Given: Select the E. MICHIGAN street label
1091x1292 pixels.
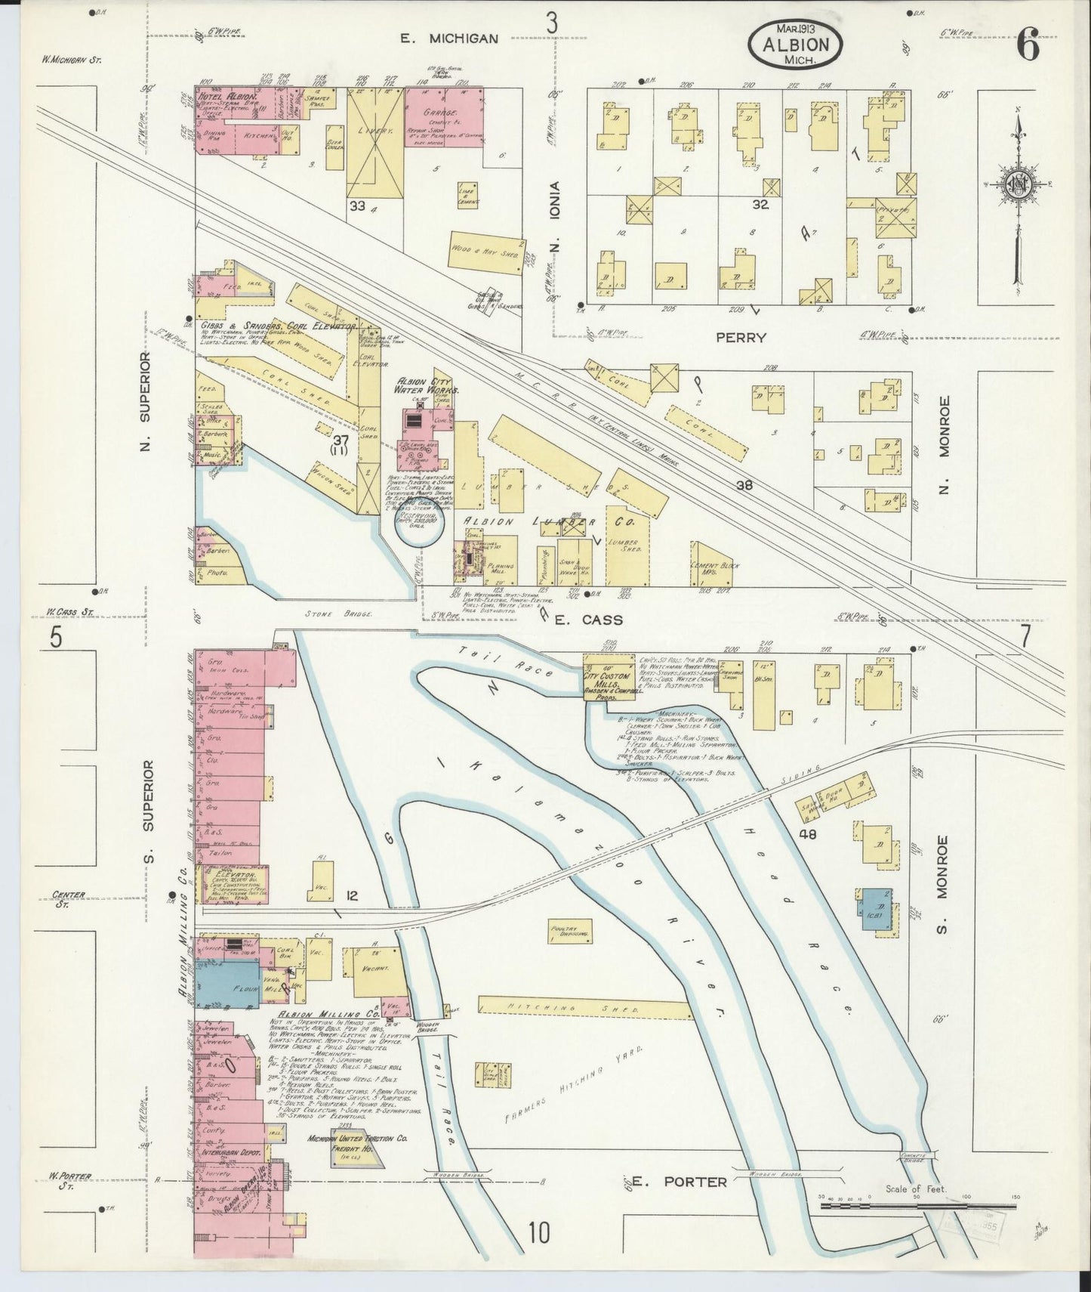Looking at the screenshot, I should pos(449,38).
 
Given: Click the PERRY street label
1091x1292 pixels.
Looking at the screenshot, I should pos(741,338).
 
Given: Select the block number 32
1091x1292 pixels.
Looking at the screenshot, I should pos(760,203).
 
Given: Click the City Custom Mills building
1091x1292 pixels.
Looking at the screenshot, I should pos(610,677).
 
